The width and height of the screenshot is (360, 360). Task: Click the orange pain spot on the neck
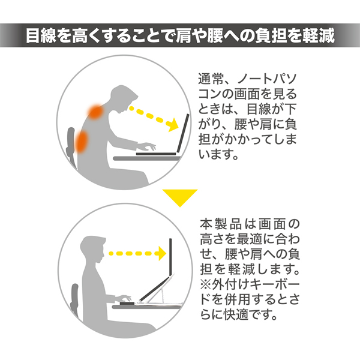[95, 111]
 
